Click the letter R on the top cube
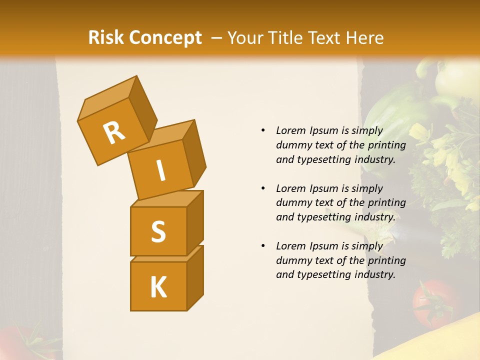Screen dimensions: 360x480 114,132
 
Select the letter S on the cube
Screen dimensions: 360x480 158,231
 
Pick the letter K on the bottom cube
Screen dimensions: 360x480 158,287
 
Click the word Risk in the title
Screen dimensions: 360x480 107,38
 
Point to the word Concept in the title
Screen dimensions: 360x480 165,38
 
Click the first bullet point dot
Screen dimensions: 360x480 263,131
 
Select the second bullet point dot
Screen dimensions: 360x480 263,188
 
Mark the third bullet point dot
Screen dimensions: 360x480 263,246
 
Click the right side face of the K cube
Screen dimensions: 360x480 195,277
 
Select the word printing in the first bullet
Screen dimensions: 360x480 386,145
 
